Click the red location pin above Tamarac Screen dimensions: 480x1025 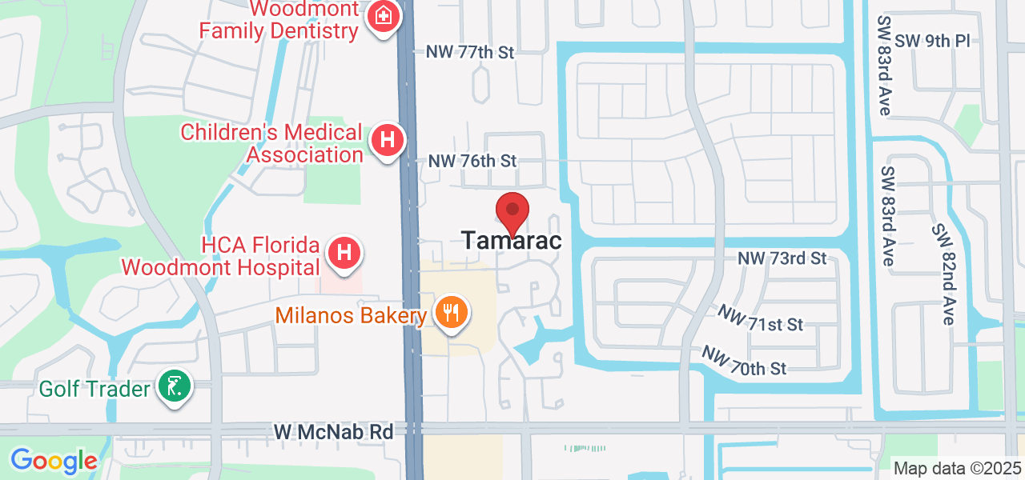click(x=512, y=212)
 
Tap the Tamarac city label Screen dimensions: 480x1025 click(x=512, y=241)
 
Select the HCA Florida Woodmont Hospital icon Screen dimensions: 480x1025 click(x=344, y=254)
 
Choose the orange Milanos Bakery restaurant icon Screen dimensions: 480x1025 click(x=452, y=311)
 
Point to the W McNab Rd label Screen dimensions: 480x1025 click(x=334, y=432)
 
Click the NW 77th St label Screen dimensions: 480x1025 click(x=470, y=52)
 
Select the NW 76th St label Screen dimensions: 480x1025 click(x=472, y=161)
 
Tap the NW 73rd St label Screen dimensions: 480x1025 click(x=782, y=258)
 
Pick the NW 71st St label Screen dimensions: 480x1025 click(x=760, y=318)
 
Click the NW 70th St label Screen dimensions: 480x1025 click(x=745, y=361)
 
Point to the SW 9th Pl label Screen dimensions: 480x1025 click(x=932, y=41)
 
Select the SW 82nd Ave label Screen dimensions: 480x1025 click(x=943, y=274)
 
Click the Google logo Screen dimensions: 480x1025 click(x=54, y=461)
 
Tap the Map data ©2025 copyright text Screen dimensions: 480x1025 click(x=957, y=468)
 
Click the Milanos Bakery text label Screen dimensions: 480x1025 click(x=351, y=315)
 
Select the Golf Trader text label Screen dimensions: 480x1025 click(x=95, y=390)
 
